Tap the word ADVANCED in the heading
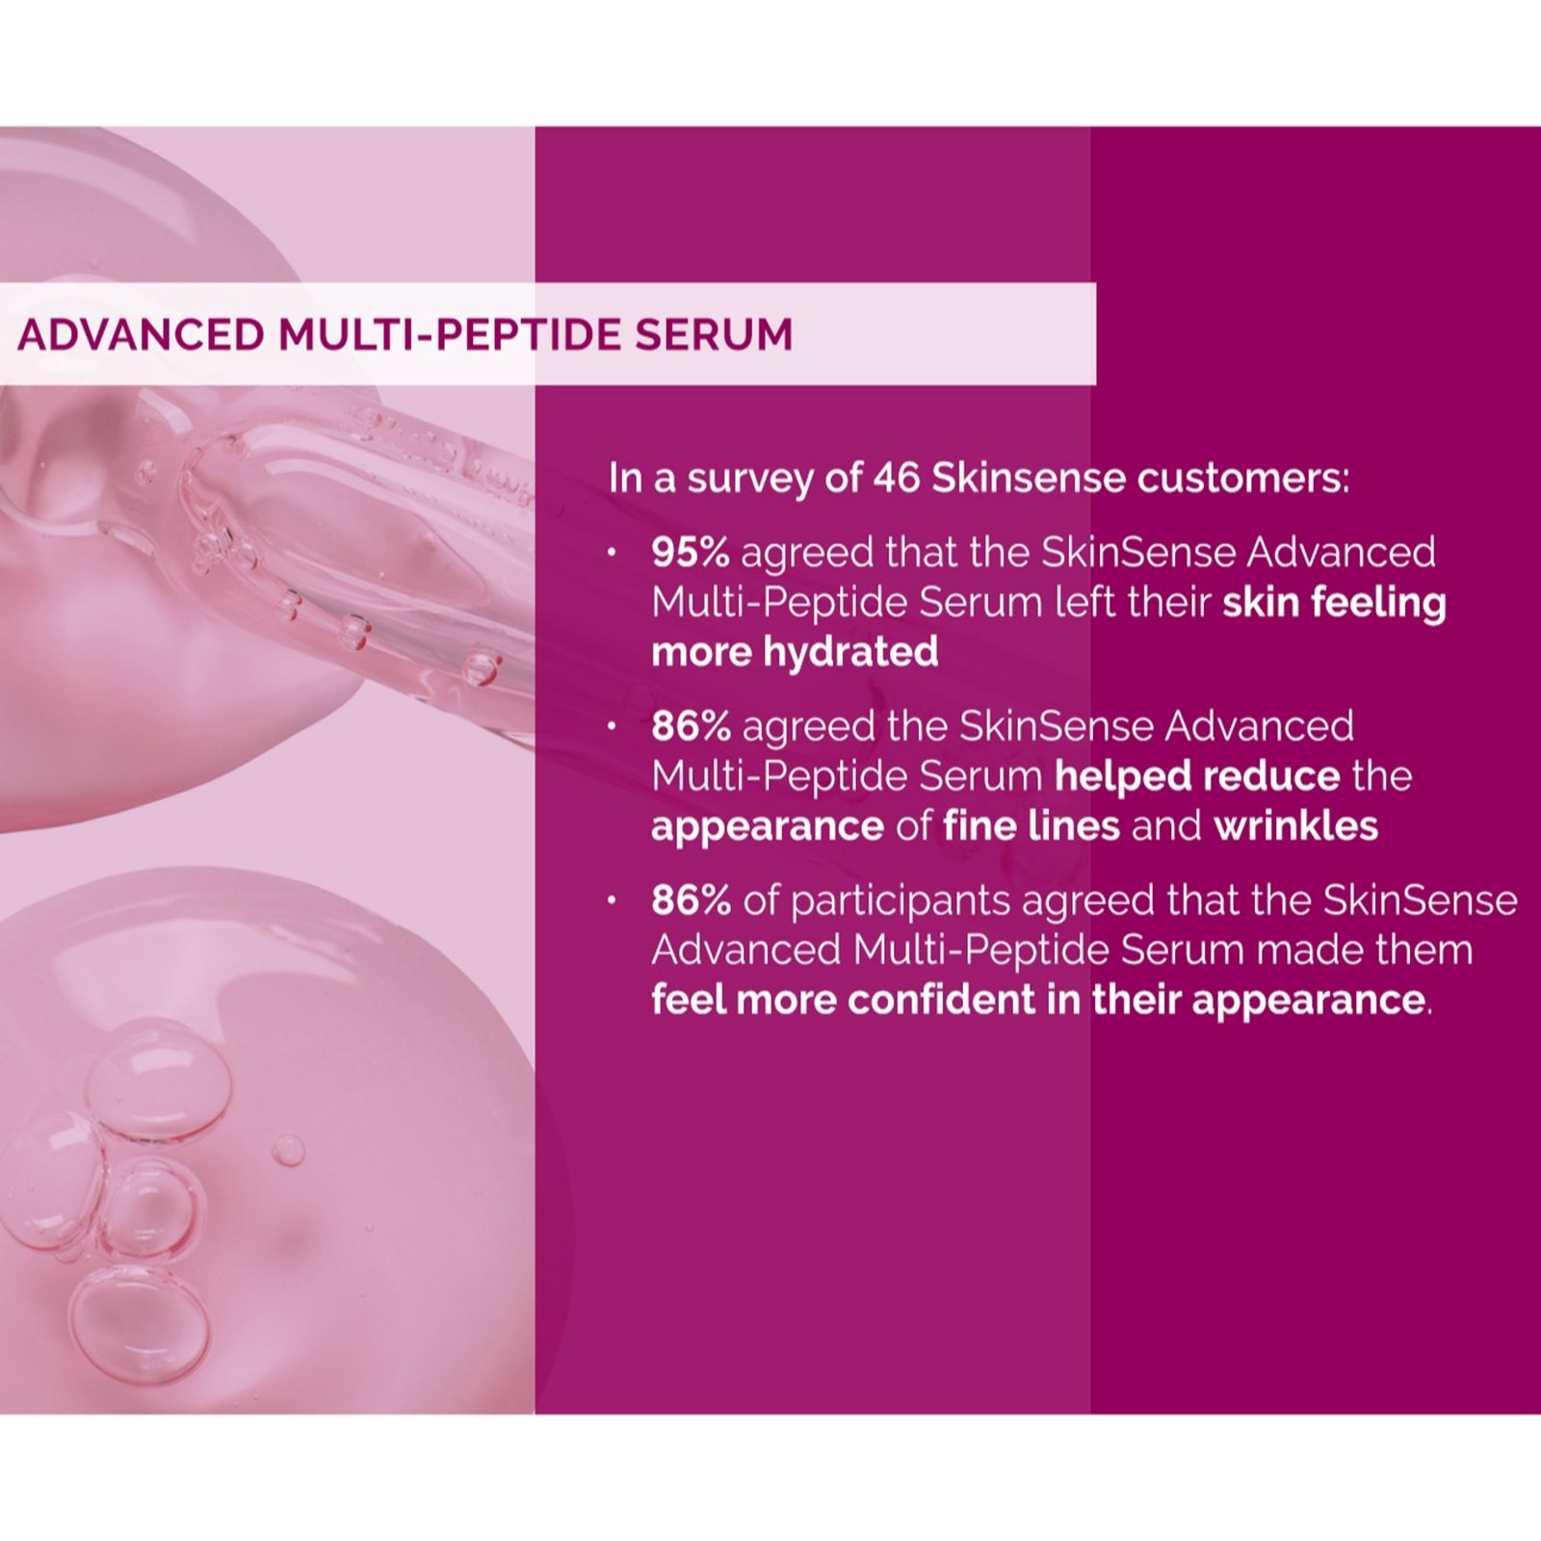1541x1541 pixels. point(141,334)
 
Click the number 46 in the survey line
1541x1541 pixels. point(897,478)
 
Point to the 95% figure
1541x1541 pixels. point(691,553)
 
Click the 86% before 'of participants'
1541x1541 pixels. point(691,901)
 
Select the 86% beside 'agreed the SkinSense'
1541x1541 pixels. point(691,726)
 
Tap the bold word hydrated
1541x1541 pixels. point(850,652)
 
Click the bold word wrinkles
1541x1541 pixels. point(1296,825)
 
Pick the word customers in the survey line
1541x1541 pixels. point(1243,478)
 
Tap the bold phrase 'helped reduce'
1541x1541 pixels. point(1197,776)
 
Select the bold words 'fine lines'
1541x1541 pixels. point(1032,825)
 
